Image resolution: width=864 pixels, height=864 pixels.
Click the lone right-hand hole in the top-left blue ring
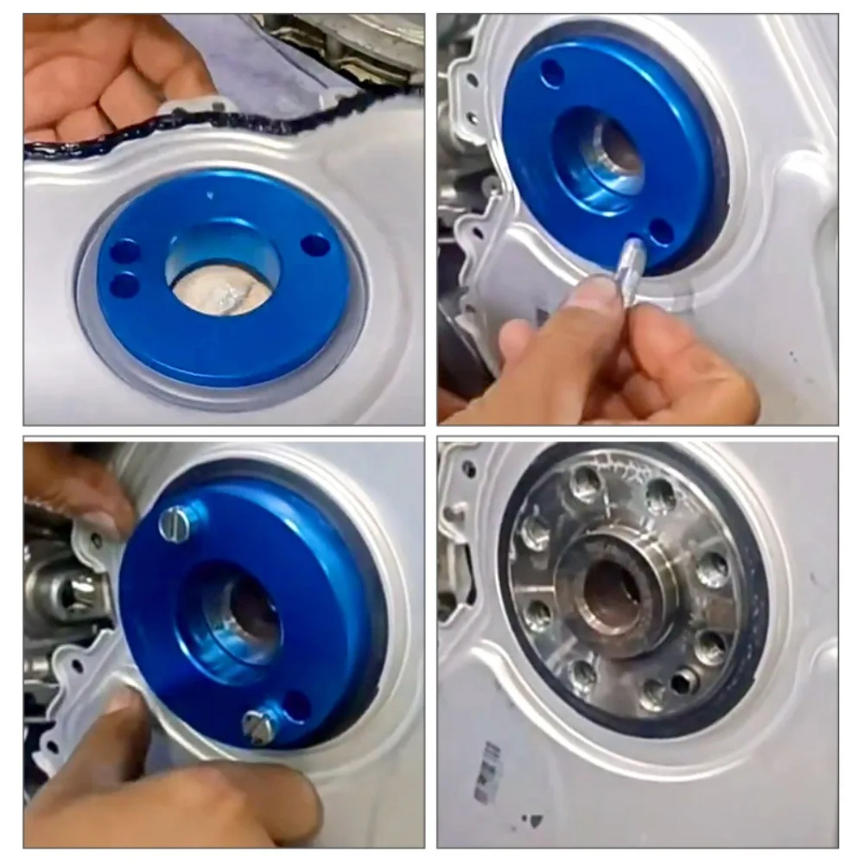tap(315, 245)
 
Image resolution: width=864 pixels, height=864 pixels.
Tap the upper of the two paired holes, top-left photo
tap(125, 251)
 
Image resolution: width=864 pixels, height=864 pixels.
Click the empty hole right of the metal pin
tap(661, 232)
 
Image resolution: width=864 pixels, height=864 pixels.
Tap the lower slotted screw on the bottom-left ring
tap(260, 726)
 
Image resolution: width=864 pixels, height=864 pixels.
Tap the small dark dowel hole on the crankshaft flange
tap(682, 682)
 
